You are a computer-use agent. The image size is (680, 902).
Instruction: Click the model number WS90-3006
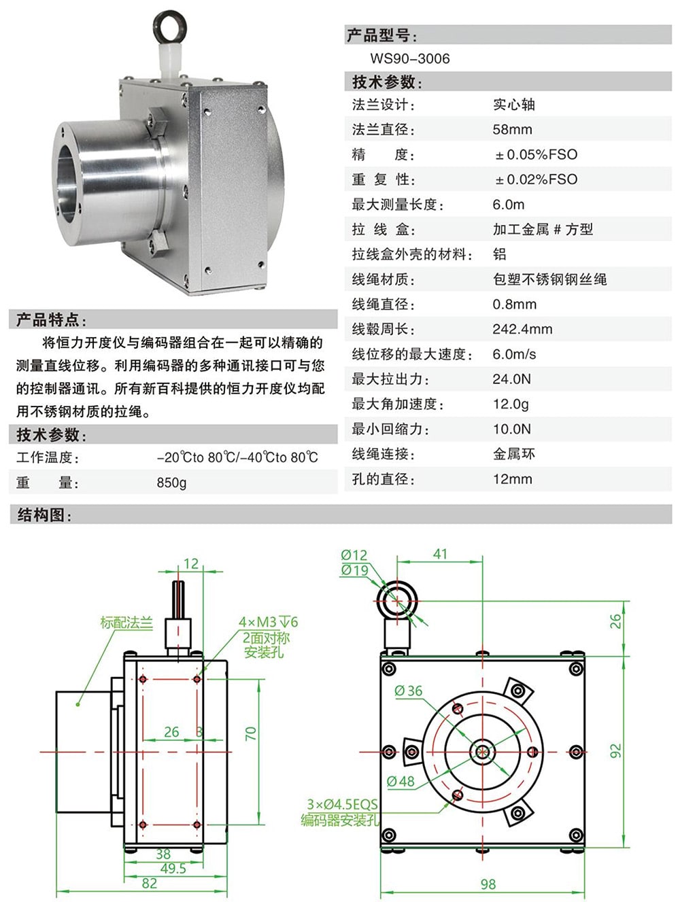(409, 58)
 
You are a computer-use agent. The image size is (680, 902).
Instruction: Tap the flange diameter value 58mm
(512, 129)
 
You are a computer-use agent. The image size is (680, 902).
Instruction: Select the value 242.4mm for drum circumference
(522, 329)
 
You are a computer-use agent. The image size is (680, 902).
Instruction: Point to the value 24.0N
(511, 379)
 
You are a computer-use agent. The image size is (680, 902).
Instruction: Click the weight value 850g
(171, 483)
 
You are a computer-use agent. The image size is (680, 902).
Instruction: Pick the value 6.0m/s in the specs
(514, 354)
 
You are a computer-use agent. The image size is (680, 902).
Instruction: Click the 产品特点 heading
(51, 319)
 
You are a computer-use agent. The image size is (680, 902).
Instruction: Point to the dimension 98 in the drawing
(488, 884)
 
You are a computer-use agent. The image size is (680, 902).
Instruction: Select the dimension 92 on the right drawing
(615, 751)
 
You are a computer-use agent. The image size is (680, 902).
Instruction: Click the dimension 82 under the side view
(150, 884)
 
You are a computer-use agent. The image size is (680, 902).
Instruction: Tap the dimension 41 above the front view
(440, 554)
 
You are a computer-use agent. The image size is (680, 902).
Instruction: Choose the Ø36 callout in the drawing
(408, 691)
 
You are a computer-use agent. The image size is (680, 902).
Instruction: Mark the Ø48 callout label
(401, 782)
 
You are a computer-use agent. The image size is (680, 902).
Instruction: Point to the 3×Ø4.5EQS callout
(341, 804)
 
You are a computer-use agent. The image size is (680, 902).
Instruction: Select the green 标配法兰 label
(126, 622)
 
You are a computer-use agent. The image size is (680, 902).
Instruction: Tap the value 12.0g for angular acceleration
(511, 404)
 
